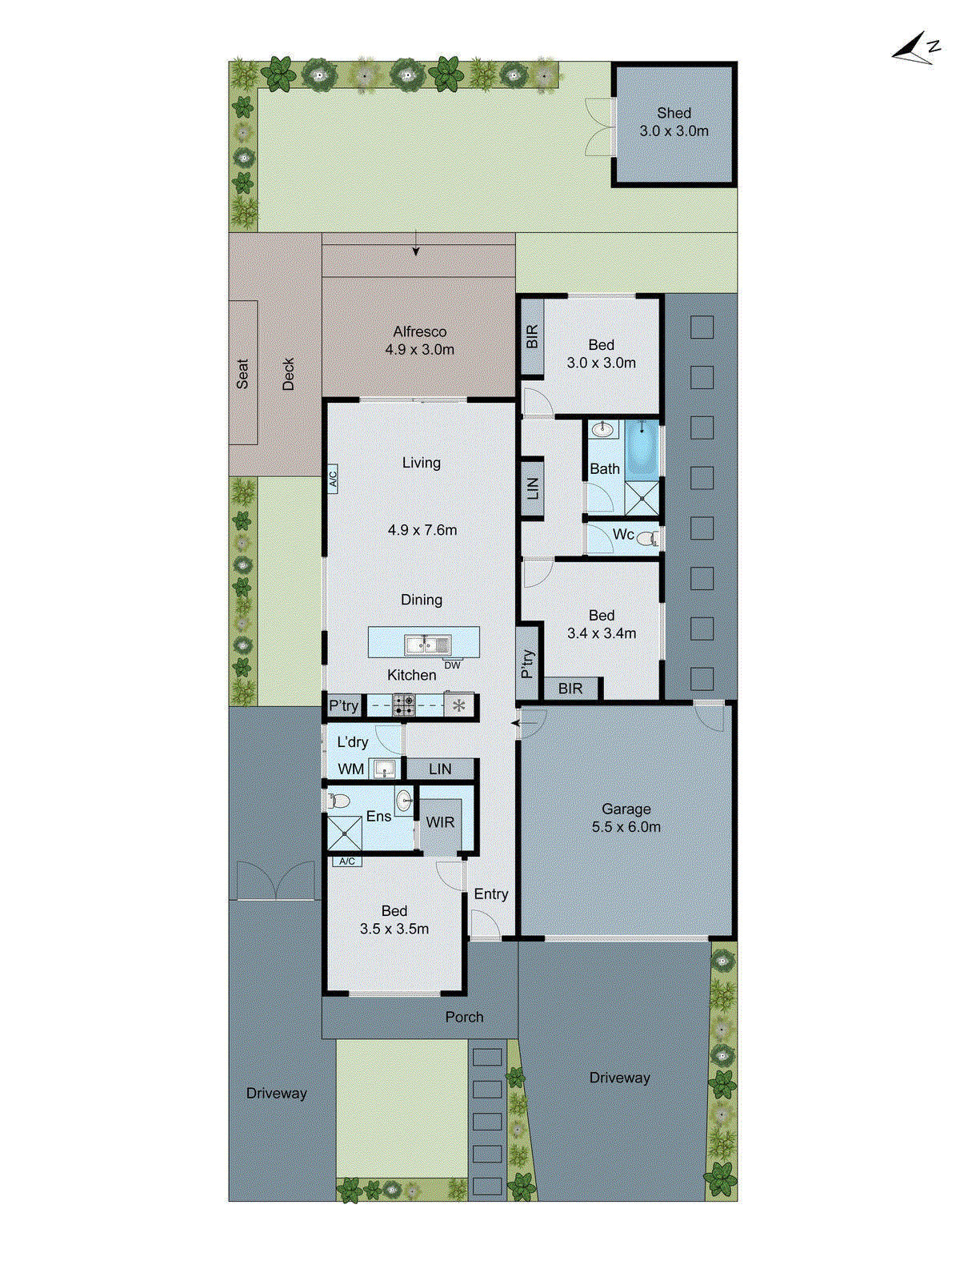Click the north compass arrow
tap(915, 50)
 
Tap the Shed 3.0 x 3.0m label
tap(674, 122)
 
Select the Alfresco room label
tap(419, 340)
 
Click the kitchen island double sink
tap(427, 644)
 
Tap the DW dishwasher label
tap(452, 665)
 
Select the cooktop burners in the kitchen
tap(403, 705)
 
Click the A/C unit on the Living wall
tap(333, 479)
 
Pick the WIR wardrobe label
tap(440, 822)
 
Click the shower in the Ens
tap(345, 833)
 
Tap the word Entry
tap(490, 894)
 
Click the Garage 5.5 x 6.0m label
tap(626, 818)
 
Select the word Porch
tap(464, 1017)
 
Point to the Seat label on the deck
tap(242, 374)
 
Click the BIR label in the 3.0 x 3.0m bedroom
tap(532, 337)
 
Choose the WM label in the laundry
tap(350, 769)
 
